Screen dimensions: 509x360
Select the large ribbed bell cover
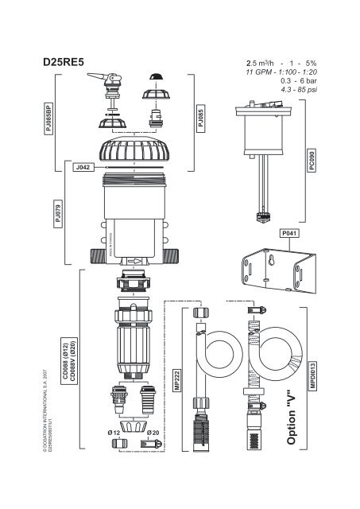(x=134, y=149)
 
